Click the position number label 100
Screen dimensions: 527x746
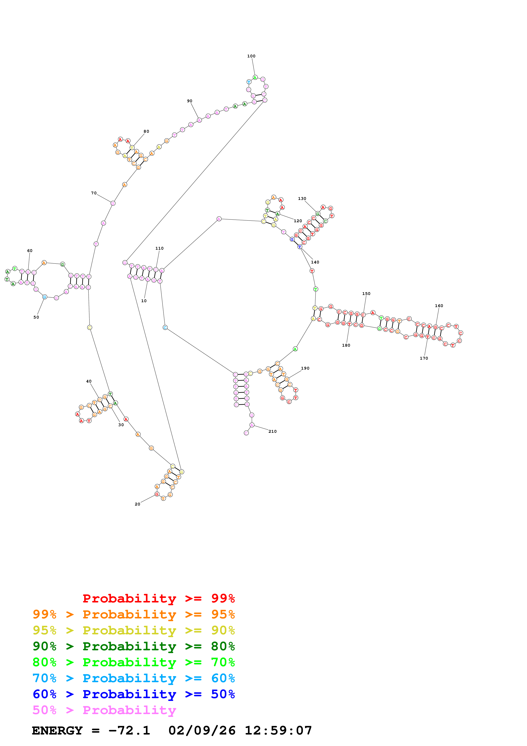point(251,56)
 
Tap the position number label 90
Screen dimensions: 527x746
point(190,101)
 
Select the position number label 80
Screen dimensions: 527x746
point(146,132)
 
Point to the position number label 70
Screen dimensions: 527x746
point(94,193)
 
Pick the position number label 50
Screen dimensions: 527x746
point(36,317)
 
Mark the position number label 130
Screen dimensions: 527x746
point(302,199)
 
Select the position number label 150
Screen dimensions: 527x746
point(366,294)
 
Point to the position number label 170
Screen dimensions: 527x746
point(424,358)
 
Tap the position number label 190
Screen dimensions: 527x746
point(305,369)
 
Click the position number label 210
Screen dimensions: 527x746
point(273,431)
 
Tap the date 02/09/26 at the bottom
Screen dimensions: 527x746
point(202,731)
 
